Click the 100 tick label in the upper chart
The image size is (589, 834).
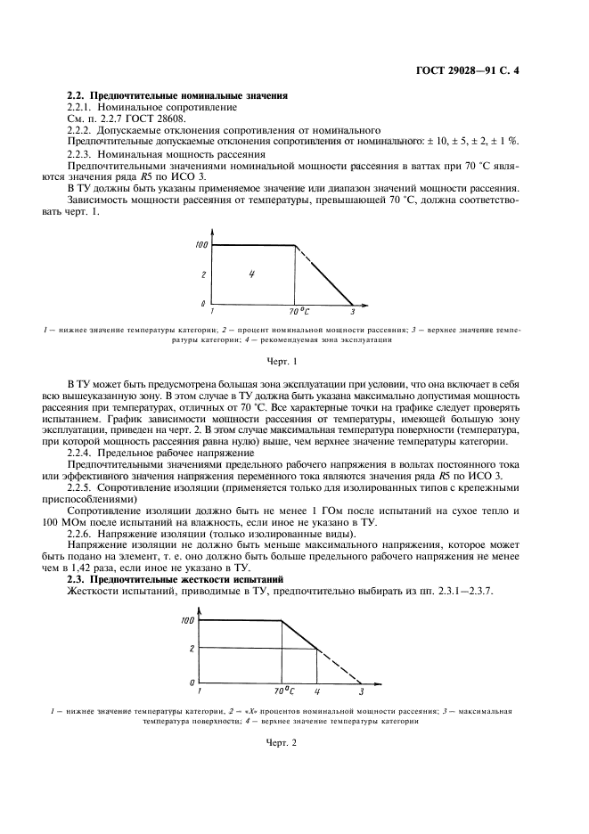click(201, 245)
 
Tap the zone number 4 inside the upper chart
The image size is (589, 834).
click(252, 274)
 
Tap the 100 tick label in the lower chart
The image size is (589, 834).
click(187, 620)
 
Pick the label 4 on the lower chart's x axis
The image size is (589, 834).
click(317, 691)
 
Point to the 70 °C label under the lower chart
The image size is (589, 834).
click(283, 691)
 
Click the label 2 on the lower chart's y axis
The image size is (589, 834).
click(191, 649)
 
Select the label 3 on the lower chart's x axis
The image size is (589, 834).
click(361, 691)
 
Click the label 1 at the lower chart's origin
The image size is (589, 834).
click(199, 691)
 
